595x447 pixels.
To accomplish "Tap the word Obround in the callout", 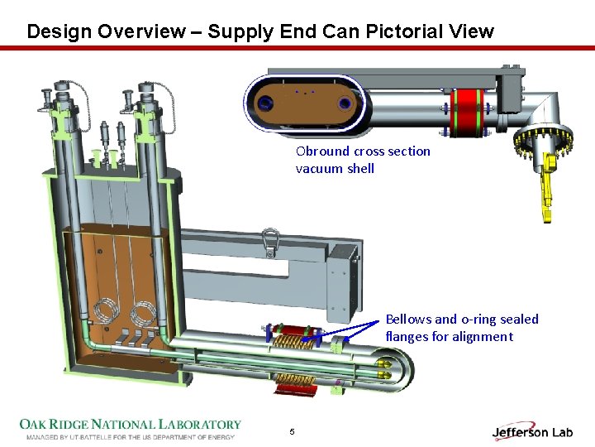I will click(x=322, y=151).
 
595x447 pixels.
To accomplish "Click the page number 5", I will click(x=292, y=431).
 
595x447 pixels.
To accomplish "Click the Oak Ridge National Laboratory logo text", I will click(x=131, y=425).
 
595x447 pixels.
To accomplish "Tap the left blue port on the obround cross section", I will click(x=266, y=103).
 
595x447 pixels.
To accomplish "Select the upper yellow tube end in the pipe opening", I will click(x=384, y=362).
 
